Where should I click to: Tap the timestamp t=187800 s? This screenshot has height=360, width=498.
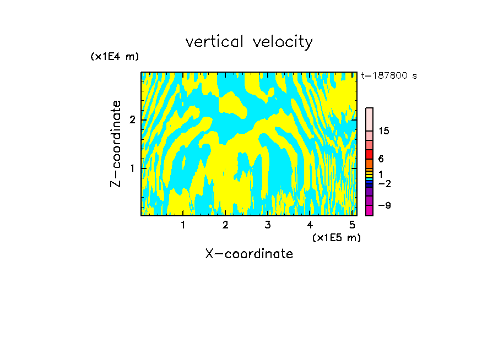click(x=389, y=76)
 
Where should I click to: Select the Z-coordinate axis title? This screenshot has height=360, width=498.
click(x=116, y=144)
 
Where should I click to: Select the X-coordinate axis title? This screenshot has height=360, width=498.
click(x=249, y=254)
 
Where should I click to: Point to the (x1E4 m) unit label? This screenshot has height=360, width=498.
click(x=115, y=57)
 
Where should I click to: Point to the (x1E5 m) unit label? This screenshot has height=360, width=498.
click(x=336, y=237)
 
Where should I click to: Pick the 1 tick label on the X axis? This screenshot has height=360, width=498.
click(x=183, y=225)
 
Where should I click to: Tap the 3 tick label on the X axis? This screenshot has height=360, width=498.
click(x=267, y=225)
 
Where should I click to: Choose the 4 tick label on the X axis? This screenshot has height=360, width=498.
click(x=310, y=225)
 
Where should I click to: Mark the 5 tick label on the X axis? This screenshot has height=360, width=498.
click(x=351, y=225)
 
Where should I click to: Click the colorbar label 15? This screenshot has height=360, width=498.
click(x=384, y=131)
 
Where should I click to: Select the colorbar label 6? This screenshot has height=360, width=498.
click(x=381, y=159)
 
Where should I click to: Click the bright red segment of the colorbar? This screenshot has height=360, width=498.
click(x=370, y=154)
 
